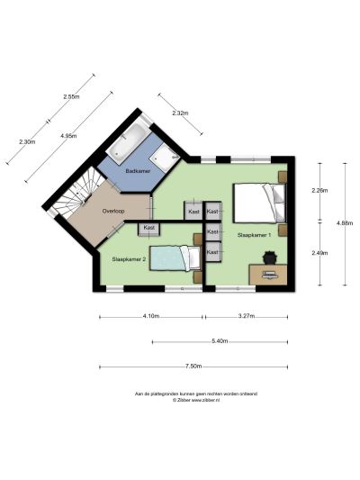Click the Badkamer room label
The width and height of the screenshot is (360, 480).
pos(138,171)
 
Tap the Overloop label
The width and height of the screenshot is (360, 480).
pos(113,211)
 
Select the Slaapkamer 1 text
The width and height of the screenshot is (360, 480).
pos(254,235)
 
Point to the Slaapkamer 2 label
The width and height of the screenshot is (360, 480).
pos(129,259)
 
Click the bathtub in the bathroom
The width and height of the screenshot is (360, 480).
pos(129,141)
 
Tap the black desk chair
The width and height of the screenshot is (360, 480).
pos(270,257)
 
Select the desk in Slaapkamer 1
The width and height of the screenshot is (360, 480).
pos(268,275)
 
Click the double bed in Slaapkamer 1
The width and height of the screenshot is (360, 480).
pos(260,203)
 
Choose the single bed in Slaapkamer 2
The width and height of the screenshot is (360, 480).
pos(175,258)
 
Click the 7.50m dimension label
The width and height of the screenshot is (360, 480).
pos(193,367)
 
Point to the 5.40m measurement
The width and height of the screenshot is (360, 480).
pos(220,341)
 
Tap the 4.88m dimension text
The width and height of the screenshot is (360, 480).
pos(345,223)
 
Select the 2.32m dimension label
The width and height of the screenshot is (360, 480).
pos(180,113)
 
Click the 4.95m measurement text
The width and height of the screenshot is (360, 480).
pos(68,136)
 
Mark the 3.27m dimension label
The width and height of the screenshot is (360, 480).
pos(247,316)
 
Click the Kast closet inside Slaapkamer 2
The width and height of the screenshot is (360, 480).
pos(149,229)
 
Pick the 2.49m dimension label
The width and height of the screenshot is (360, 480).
pos(319,253)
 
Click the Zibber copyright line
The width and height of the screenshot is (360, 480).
pos(196,400)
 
